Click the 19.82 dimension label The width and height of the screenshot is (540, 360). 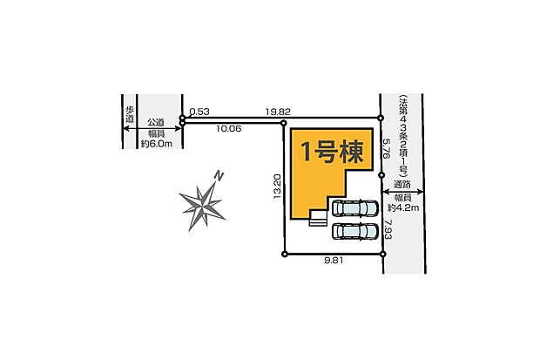(278, 112)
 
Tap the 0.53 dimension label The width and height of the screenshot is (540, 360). (199, 112)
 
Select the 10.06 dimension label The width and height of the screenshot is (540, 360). (229, 129)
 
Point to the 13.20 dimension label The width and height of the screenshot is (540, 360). (278, 187)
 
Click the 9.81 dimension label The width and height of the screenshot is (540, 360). (334, 261)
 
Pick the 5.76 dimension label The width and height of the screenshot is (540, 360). (387, 149)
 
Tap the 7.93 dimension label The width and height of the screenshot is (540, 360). (388, 230)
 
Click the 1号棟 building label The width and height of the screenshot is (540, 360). (333, 152)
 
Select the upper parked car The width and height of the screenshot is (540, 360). (354, 208)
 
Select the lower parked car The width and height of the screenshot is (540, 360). (354, 231)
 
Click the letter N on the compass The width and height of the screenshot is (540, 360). (219, 176)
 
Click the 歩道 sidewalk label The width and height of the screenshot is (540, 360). (130, 115)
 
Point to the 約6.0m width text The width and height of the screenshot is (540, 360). (157, 144)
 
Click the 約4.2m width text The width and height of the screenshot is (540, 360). (403, 207)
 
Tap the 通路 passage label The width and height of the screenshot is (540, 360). (402, 185)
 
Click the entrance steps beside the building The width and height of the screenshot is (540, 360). (318, 218)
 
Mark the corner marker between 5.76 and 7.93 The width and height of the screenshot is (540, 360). (381, 175)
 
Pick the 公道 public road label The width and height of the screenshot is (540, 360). (156, 122)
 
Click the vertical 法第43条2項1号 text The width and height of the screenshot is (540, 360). (402, 136)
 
